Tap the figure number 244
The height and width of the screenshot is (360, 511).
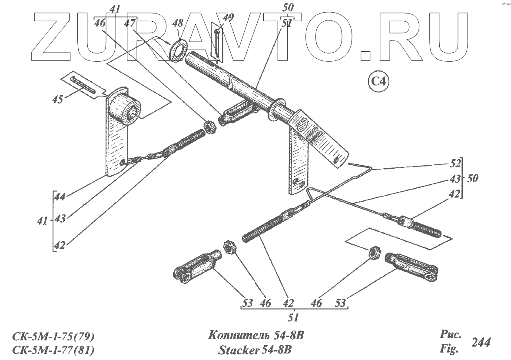pos(481,343)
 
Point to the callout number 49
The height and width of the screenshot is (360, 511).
pos(228,18)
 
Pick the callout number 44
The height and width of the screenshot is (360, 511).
pos(60,197)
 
